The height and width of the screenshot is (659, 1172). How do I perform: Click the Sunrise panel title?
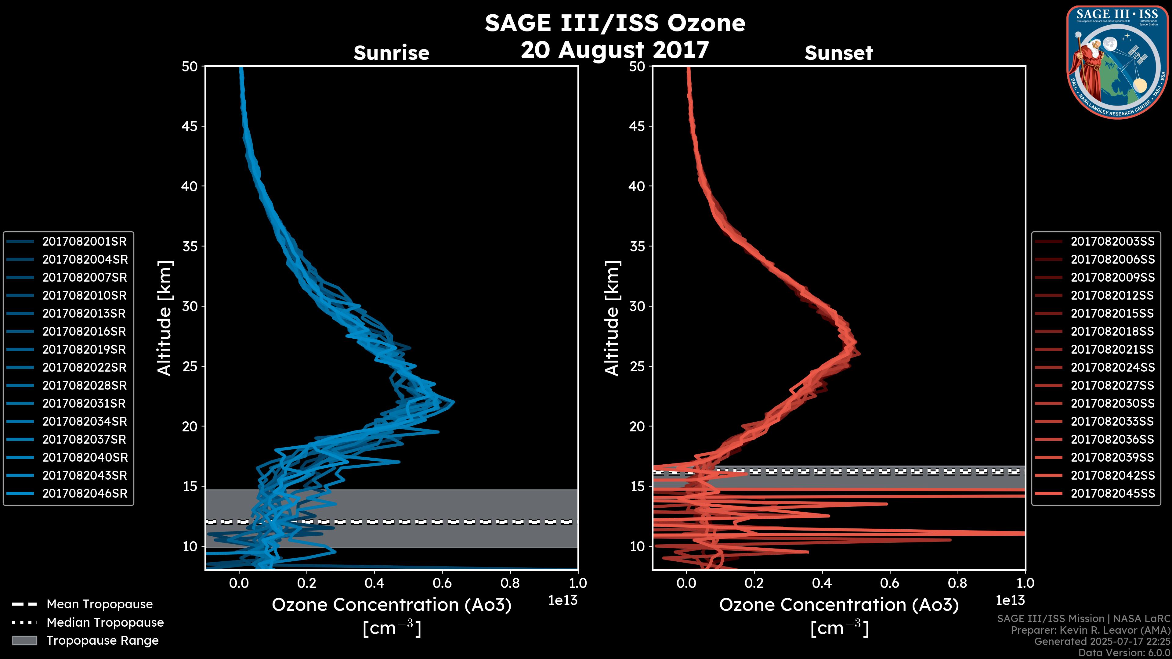coord(391,53)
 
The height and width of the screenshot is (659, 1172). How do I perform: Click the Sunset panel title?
coord(838,53)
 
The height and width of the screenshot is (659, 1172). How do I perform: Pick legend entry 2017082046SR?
coord(85,493)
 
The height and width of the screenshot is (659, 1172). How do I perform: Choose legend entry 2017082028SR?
coord(84,385)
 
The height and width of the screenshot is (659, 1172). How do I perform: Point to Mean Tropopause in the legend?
coord(99,604)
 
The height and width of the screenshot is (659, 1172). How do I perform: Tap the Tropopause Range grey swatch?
coord(24,640)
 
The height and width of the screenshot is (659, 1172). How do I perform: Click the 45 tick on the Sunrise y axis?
coord(189,126)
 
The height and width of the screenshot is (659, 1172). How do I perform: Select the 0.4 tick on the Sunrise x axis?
coord(374,583)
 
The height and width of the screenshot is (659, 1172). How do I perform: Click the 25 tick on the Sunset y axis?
coord(637,366)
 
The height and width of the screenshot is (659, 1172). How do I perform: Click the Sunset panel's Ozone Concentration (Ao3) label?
coord(838,605)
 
